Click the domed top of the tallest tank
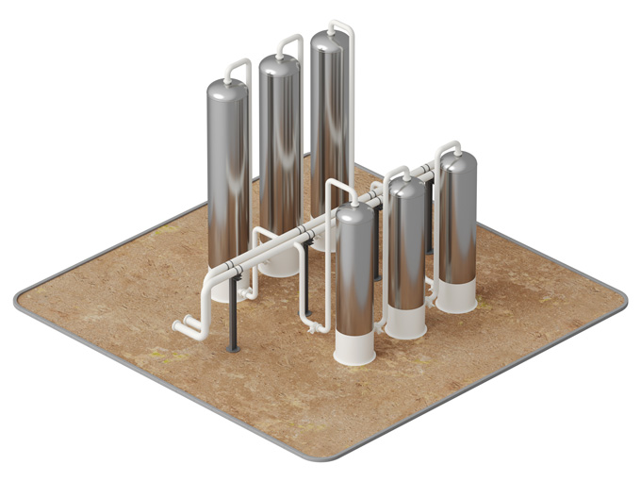point(327,41)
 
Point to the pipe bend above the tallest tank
point(345,26)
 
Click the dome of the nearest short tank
point(355,212)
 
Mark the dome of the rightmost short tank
point(457,161)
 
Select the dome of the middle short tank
point(407,186)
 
